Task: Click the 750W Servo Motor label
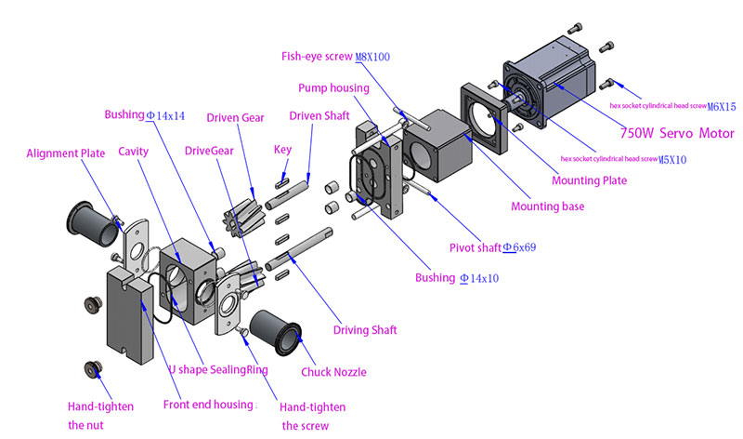click(x=677, y=133)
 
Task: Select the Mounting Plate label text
click(x=589, y=180)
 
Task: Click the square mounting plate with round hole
click(x=484, y=118)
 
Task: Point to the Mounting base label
click(x=547, y=206)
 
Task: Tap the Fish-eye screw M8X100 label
click(x=335, y=57)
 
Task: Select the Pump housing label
click(x=333, y=88)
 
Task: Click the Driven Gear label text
click(x=235, y=118)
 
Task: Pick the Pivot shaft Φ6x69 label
click(x=492, y=247)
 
